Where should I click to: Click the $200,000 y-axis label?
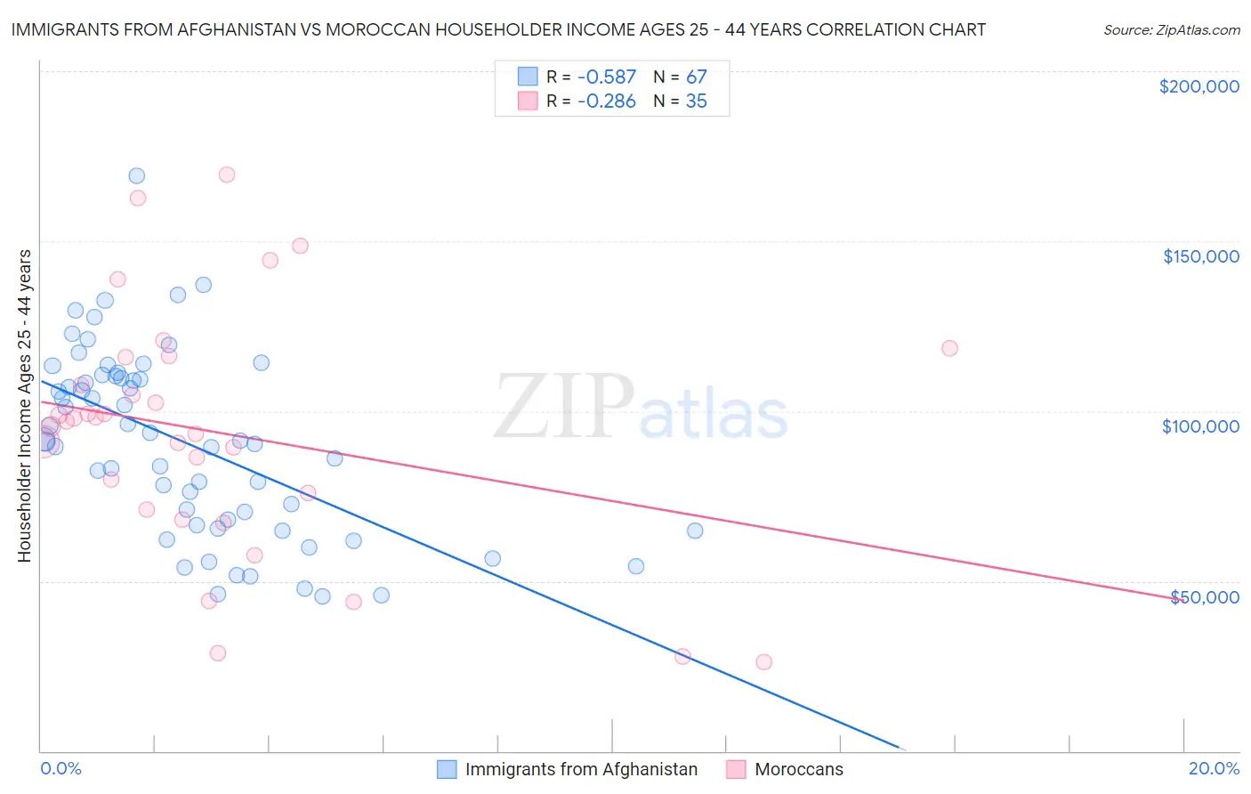click(1199, 86)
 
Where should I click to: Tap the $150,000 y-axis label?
click(1200, 256)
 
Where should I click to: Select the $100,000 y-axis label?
click(1200, 426)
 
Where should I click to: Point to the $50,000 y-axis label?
click(1204, 596)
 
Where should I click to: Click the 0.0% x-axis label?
click(61, 768)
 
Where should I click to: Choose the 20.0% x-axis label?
click(1214, 768)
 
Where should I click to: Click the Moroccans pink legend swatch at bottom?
click(736, 769)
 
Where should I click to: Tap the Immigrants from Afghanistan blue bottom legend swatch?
click(447, 769)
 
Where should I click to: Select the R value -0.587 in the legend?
click(606, 77)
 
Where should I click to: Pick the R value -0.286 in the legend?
click(606, 101)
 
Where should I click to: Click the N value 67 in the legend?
click(696, 77)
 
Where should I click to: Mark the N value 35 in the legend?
click(696, 101)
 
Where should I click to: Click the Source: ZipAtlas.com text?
click(1171, 30)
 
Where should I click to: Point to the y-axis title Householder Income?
click(24, 406)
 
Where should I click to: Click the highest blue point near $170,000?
click(136, 176)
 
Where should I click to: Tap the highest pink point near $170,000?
click(227, 174)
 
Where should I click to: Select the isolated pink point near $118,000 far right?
click(949, 348)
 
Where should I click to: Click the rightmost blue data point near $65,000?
click(695, 531)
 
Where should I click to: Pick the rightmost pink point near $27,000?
click(763, 662)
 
